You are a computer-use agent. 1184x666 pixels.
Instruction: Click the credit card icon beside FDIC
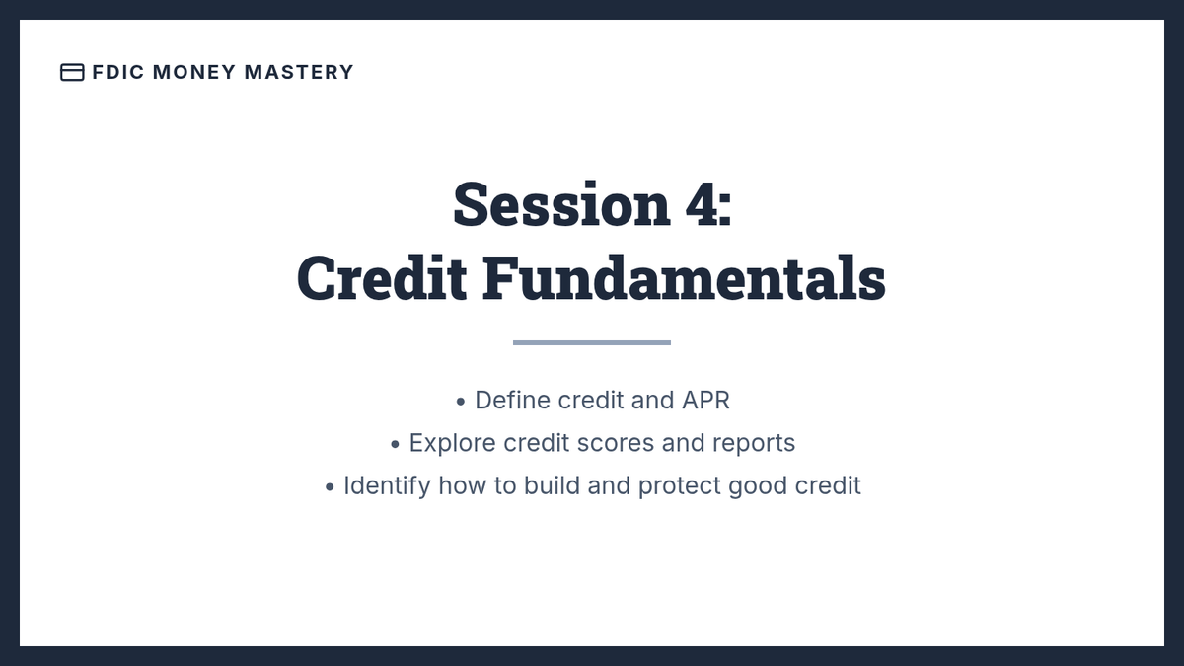pyautogui.click(x=72, y=72)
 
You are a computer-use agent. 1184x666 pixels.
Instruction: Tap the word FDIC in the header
pyautogui.click(x=117, y=72)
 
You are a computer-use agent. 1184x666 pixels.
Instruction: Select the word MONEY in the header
pyautogui.click(x=194, y=72)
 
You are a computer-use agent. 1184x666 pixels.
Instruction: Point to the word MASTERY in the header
pyautogui.click(x=299, y=72)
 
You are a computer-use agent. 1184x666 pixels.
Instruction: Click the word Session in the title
pyautogui.click(x=561, y=204)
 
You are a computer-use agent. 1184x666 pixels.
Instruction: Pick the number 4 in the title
pyautogui.click(x=702, y=204)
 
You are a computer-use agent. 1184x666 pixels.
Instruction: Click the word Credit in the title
pyautogui.click(x=382, y=278)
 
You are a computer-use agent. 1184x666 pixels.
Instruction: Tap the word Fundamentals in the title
pyautogui.click(x=684, y=278)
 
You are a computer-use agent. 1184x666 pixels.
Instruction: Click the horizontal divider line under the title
pyautogui.click(x=592, y=343)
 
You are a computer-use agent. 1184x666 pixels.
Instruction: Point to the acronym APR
pyautogui.click(x=705, y=401)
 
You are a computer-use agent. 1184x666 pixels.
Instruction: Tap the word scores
pyautogui.click(x=616, y=444)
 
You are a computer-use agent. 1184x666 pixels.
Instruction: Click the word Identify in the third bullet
pyautogui.click(x=387, y=486)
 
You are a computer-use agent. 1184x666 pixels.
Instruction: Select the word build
pyautogui.click(x=552, y=485)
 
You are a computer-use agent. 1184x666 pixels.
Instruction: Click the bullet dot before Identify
pyautogui.click(x=330, y=487)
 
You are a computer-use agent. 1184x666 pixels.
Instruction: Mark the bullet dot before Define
pyautogui.click(x=461, y=403)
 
